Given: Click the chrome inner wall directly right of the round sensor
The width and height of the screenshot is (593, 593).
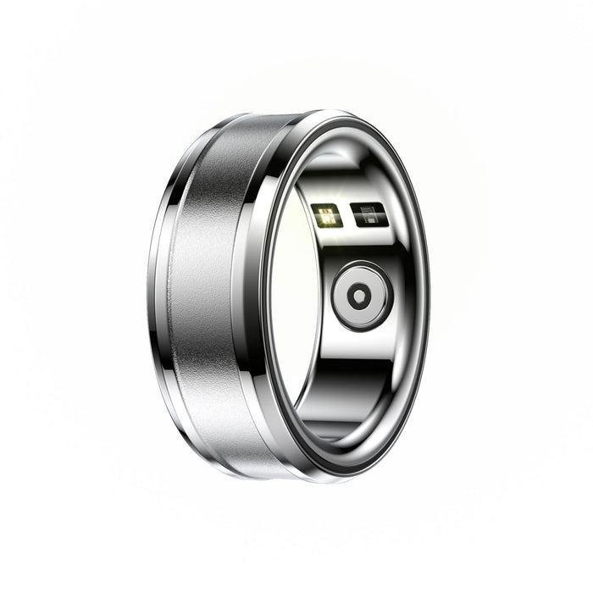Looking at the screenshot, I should pos(407,296).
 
